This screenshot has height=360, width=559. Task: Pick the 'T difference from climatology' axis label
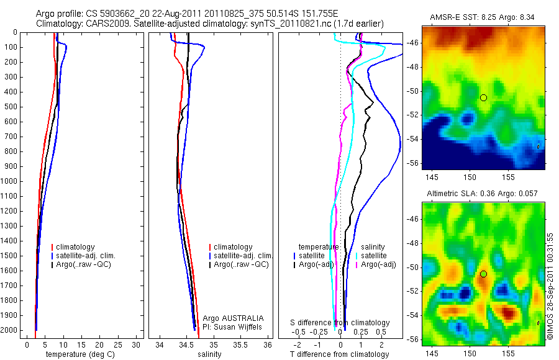(x=340, y=354)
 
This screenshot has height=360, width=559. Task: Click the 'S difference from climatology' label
(x=340, y=323)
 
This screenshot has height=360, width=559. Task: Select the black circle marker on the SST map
(x=483, y=97)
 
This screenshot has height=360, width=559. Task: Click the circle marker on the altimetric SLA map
(x=483, y=274)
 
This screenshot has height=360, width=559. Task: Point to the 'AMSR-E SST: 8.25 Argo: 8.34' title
(x=483, y=17)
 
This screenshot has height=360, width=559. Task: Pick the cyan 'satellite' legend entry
(x=374, y=256)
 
